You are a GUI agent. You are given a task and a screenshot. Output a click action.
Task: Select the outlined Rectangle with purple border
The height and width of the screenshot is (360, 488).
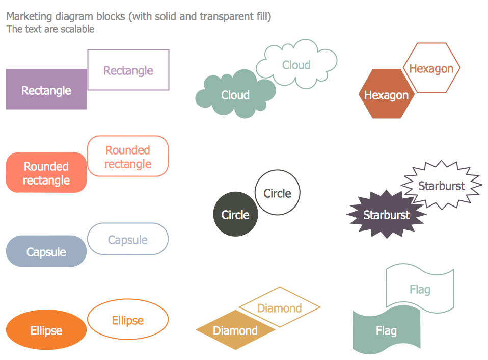(x=128, y=70)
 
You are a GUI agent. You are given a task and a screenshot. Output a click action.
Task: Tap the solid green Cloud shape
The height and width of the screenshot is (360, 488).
(x=235, y=95)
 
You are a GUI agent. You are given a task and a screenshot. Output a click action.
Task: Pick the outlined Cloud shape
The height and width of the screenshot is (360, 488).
(x=296, y=65)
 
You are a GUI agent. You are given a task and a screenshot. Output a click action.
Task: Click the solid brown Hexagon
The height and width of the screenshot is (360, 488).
(x=386, y=95)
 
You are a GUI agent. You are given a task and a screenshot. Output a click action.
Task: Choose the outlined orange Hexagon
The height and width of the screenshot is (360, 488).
(x=431, y=68)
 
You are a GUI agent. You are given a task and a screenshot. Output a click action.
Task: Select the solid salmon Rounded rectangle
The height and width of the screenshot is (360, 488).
(x=46, y=173)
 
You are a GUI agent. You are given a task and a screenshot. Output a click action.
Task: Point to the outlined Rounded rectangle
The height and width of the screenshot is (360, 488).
(x=128, y=157)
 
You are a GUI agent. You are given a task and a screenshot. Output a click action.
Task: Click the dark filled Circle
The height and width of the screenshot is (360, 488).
(x=235, y=215)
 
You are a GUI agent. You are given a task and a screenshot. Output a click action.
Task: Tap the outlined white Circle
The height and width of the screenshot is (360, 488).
(x=278, y=193)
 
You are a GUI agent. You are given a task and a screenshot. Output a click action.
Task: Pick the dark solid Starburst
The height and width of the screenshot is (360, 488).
(x=386, y=215)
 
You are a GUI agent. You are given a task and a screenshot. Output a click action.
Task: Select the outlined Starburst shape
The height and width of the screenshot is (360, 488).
(x=442, y=185)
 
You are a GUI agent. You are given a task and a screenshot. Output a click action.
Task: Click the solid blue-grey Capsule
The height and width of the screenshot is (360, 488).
(x=46, y=251)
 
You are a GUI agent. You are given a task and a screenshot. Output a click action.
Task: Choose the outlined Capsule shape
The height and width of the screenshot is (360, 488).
(x=128, y=239)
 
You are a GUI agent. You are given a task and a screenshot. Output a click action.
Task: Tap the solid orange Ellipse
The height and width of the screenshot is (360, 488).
(x=46, y=330)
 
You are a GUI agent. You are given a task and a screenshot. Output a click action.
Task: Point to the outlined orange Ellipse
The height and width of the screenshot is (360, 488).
(x=128, y=320)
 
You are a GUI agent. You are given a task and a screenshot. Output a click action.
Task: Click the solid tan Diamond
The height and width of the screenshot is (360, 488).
(x=235, y=330)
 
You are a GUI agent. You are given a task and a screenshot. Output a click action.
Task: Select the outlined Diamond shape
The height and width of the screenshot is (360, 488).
(x=280, y=307)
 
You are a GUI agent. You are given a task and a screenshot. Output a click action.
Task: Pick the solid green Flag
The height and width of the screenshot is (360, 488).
(x=386, y=331)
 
